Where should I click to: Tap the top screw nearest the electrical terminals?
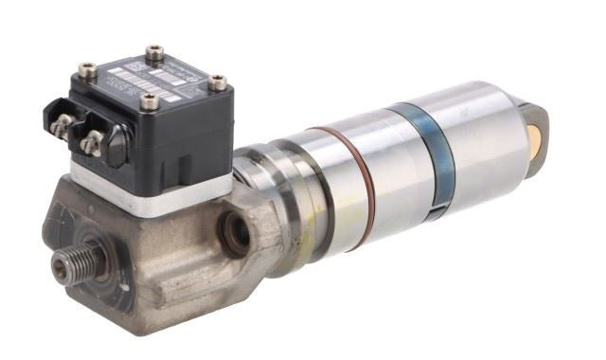point(87,70)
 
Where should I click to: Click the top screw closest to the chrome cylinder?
point(217,83)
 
